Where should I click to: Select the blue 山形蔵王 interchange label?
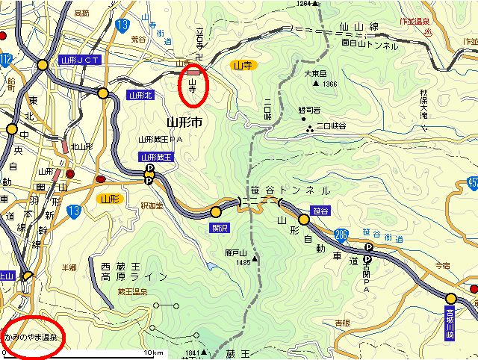click(155, 157)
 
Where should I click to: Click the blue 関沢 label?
click(219, 223)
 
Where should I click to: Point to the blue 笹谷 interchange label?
click(322, 211)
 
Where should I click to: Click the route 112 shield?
click(5, 59)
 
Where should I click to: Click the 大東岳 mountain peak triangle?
click(316, 84)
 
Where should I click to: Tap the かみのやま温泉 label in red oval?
click(31, 337)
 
